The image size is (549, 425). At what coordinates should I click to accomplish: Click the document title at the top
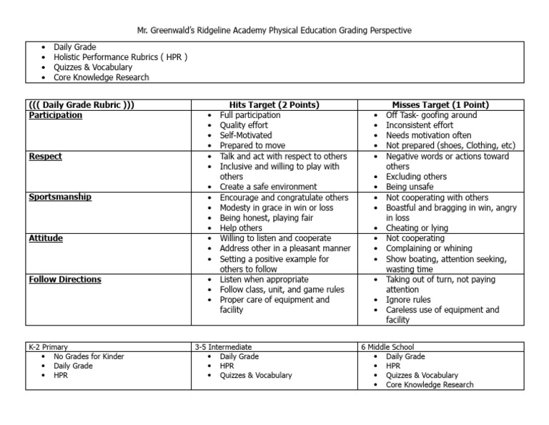pyautogui.click(x=274, y=30)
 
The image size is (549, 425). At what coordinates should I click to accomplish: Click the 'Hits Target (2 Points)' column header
pyautogui.click(x=274, y=105)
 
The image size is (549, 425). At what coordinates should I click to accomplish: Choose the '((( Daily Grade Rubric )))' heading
pyautogui.click(x=81, y=105)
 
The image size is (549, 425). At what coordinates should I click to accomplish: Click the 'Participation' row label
pyautogui.click(x=55, y=115)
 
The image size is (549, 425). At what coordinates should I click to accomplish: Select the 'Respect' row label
pyautogui.click(x=45, y=156)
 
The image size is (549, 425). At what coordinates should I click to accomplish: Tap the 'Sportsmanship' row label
pyautogui.click(x=60, y=197)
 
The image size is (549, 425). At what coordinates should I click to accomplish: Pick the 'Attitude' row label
pyautogui.click(x=46, y=238)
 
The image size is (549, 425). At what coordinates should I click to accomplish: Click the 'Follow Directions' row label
pyautogui.click(x=64, y=279)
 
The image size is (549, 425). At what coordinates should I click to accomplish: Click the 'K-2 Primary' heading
pyautogui.click(x=49, y=346)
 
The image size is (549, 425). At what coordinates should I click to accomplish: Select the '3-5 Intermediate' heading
pyautogui.click(x=223, y=346)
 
